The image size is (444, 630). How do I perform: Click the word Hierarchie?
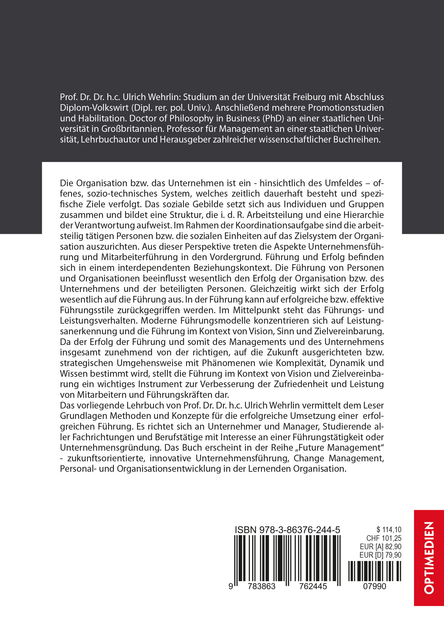[x=361, y=215]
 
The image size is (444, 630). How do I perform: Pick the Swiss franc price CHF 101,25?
[x=384, y=538]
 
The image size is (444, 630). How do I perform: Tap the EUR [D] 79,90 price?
[x=380, y=555]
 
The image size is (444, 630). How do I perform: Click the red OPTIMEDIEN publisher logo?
[x=429, y=558]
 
